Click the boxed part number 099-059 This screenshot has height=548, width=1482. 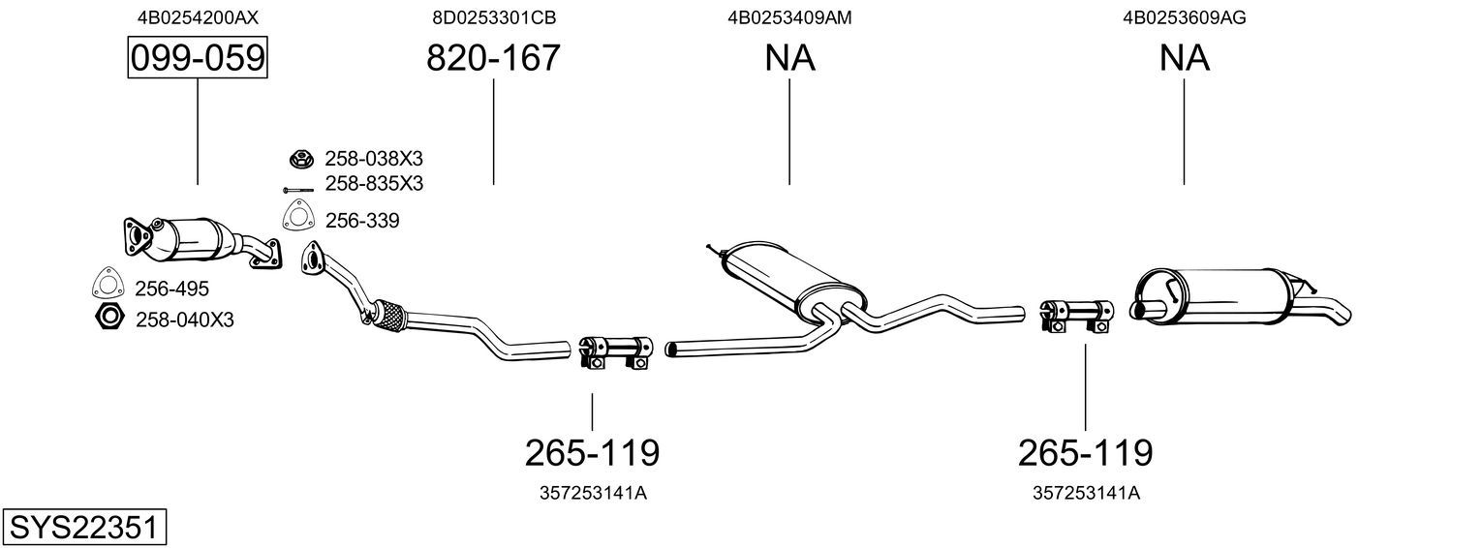(198, 58)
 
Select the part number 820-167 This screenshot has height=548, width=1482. (493, 57)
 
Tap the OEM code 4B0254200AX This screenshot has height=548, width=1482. (198, 17)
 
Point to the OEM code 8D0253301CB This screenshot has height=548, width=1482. (494, 17)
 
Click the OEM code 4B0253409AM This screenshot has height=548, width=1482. (789, 17)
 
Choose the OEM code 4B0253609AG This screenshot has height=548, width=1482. (1184, 17)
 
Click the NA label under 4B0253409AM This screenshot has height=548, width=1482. (789, 57)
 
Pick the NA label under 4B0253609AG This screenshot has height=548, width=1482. (1184, 57)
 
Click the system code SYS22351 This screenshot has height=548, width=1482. (84, 528)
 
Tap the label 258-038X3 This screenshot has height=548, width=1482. (373, 159)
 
